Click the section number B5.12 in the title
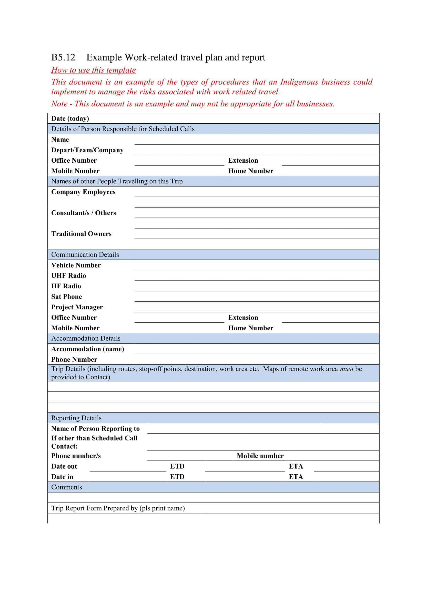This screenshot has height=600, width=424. coord(63,57)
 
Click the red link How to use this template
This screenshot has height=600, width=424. coord(94,70)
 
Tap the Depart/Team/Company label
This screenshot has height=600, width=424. coord(87,150)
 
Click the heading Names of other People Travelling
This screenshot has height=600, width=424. coord(117,181)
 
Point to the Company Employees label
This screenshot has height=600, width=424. coord(83,192)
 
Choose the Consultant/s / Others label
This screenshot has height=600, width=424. coord(84,213)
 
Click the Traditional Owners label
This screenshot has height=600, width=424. coord(81,234)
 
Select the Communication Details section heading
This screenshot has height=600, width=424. coord(85,254)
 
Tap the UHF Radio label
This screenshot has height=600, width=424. coord(69,276)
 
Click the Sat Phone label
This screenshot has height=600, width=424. coord(67,296)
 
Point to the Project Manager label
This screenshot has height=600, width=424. coord(77,307)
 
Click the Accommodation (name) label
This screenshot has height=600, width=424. coord(87,349)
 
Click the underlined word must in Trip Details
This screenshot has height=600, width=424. coord(347,369)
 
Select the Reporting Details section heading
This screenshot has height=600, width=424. coord(76,418)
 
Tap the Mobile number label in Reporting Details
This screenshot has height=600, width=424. coord(260,456)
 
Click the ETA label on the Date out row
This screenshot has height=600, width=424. coord(296,466)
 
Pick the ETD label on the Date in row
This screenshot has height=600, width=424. coord(177,477)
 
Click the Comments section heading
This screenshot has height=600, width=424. coord(67,487)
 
